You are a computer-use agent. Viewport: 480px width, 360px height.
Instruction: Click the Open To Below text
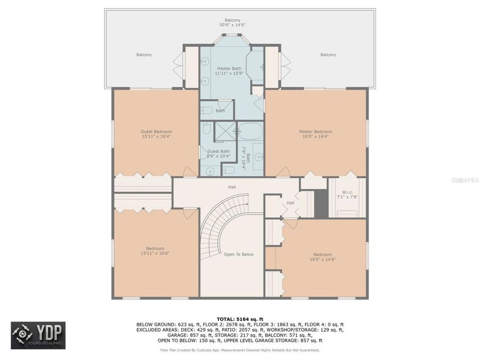tap(238, 254)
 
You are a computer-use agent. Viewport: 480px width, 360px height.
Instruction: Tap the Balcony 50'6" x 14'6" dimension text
tap(232, 25)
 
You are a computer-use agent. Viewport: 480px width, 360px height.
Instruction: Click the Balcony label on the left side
tap(143, 55)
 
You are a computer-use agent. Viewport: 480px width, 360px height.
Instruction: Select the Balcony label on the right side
tap(328, 55)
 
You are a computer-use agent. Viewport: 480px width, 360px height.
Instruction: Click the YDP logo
tap(38, 335)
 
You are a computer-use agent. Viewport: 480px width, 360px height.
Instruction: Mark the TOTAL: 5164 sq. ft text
tap(239, 318)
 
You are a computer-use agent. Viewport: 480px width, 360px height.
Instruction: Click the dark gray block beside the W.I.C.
tap(321, 204)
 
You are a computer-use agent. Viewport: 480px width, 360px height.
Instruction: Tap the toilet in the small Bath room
tap(207, 111)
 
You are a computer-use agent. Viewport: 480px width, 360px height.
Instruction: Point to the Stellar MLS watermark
tap(465, 180)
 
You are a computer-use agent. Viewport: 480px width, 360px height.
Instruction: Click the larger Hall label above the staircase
tap(232, 187)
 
